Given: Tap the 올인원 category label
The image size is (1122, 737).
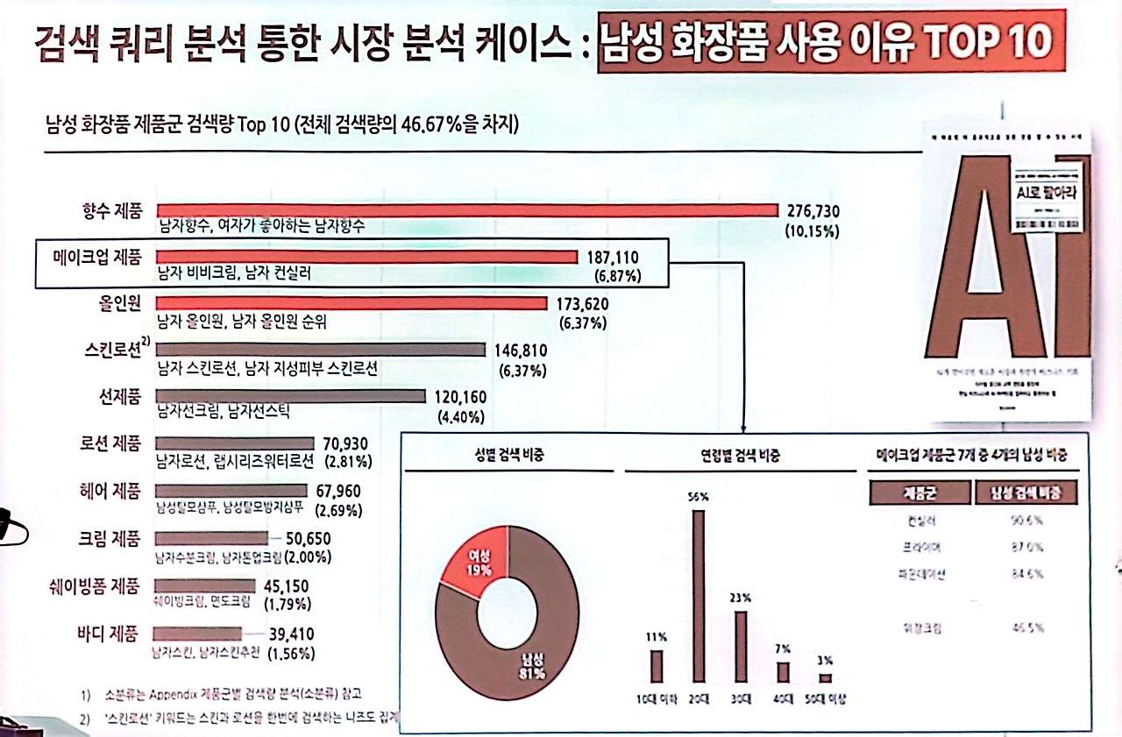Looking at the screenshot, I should [x=120, y=303].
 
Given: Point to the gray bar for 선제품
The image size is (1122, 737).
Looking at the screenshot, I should [x=290, y=396].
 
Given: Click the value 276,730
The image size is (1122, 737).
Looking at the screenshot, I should [x=816, y=211].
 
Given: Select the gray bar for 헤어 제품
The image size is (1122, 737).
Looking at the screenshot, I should [x=231, y=490].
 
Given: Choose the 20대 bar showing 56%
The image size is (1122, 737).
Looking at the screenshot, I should [x=699, y=595].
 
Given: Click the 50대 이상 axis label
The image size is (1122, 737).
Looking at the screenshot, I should [x=824, y=699].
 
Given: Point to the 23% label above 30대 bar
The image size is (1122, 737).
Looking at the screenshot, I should [x=741, y=598].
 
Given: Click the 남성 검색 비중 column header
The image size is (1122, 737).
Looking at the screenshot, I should [x=1025, y=493].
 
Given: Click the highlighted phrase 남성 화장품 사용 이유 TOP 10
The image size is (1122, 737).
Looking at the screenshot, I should [x=825, y=42].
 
